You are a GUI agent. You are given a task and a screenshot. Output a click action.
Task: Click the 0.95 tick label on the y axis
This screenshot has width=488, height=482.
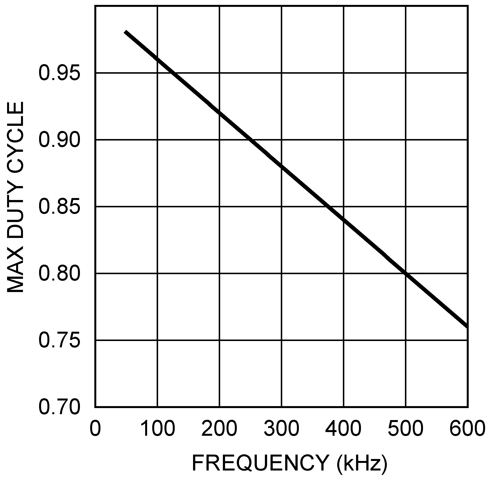(59, 73)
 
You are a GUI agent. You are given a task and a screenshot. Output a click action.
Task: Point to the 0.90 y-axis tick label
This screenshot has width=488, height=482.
(59, 140)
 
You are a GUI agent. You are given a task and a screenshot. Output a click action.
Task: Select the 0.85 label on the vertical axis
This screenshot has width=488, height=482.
(59, 207)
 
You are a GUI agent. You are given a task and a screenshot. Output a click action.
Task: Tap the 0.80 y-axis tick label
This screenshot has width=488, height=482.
(59, 273)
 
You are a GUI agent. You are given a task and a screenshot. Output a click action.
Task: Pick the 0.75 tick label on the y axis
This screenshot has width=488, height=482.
(59, 340)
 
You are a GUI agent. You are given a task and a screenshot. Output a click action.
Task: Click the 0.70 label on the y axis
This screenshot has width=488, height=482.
(59, 407)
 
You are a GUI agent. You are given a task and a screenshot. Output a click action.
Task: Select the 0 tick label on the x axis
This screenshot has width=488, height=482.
(95, 429)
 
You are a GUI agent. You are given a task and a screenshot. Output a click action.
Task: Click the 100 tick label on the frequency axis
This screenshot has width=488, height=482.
(157, 429)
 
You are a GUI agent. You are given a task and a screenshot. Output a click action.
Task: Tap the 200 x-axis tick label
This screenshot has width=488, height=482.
(219, 429)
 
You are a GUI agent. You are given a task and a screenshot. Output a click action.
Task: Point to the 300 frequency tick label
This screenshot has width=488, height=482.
(281, 429)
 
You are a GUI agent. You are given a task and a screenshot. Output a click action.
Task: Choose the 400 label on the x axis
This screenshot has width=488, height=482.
(343, 429)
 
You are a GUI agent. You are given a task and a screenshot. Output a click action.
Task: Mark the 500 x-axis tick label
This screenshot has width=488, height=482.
(405, 429)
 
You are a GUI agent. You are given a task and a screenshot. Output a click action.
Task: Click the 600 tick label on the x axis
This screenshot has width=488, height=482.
(467, 429)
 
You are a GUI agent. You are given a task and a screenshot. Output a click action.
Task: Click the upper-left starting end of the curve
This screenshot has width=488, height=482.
(125, 32)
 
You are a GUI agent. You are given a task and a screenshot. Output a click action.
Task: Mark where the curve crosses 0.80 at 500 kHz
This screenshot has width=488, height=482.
(405, 273)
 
